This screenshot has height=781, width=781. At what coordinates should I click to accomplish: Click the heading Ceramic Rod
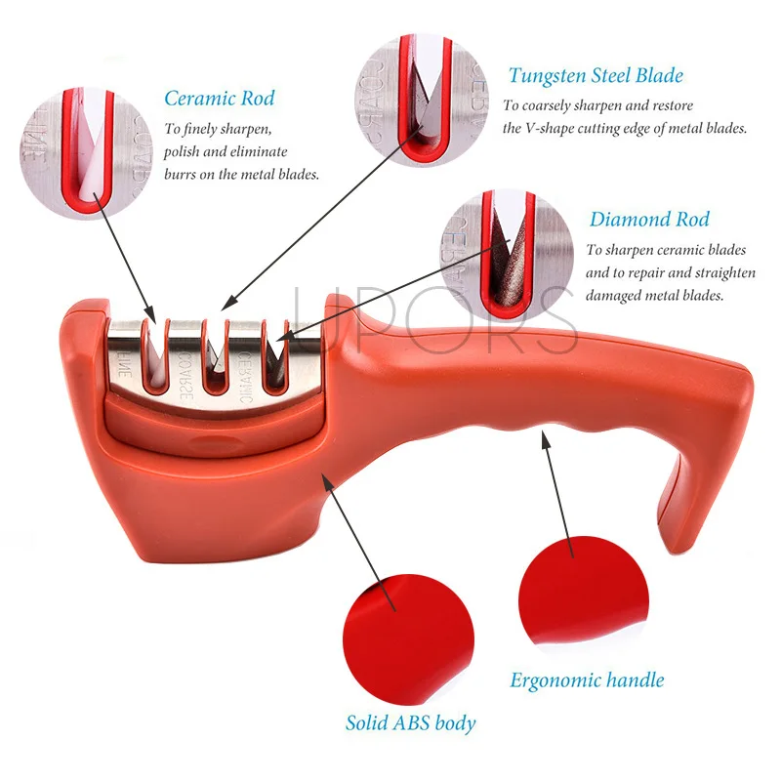pyautogui.click(x=219, y=98)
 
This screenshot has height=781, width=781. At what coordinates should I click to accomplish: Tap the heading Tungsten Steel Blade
pyautogui.click(x=595, y=75)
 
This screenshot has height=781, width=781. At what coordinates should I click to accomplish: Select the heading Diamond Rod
pyautogui.click(x=649, y=219)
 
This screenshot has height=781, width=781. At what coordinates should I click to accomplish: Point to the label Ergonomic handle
pyautogui.click(x=587, y=679)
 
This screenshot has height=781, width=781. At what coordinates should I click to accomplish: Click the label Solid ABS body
pyautogui.click(x=410, y=723)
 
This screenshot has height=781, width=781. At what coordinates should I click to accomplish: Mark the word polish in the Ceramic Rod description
pyautogui.click(x=185, y=151)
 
